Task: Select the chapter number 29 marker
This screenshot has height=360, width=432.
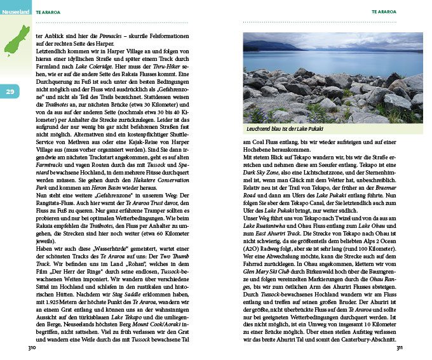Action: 11,93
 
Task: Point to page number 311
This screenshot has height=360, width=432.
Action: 400,349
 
